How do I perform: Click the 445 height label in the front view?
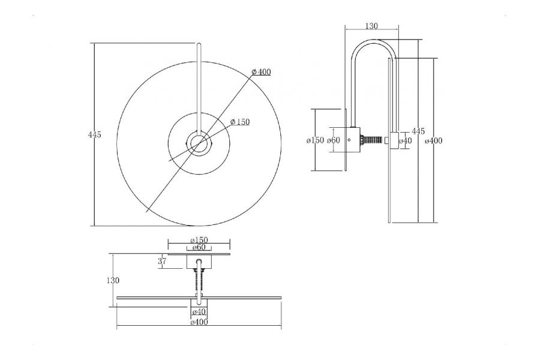(x=95, y=134)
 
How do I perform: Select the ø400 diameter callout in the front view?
(x=261, y=72)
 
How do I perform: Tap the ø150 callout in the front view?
(x=240, y=122)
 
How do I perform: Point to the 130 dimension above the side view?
(x=371, y=26)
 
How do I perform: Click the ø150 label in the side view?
(x=315, y=140)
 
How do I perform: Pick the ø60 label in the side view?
(x=334, y=140)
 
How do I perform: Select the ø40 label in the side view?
(x=406, y=140)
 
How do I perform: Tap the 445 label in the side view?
(x=418, y=131)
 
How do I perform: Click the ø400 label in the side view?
(x=434, y=140)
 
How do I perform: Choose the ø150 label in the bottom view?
(x=199, y=240)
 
